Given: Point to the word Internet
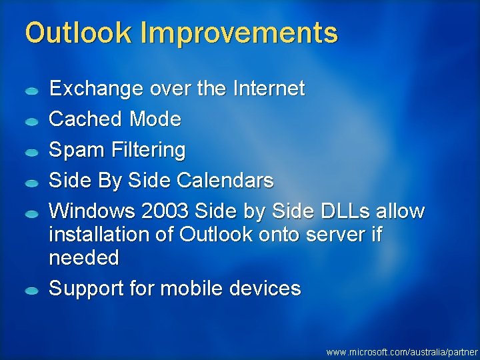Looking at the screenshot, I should click(x=269, y=88).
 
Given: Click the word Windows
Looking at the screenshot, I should click(x=92, y=211).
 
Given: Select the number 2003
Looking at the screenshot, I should click(x=165, y=211).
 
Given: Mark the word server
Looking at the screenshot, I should click(x=331, y=235).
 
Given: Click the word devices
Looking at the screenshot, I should click(x=265, y=289).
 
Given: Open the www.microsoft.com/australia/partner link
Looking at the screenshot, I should click(x=402, y=351).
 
